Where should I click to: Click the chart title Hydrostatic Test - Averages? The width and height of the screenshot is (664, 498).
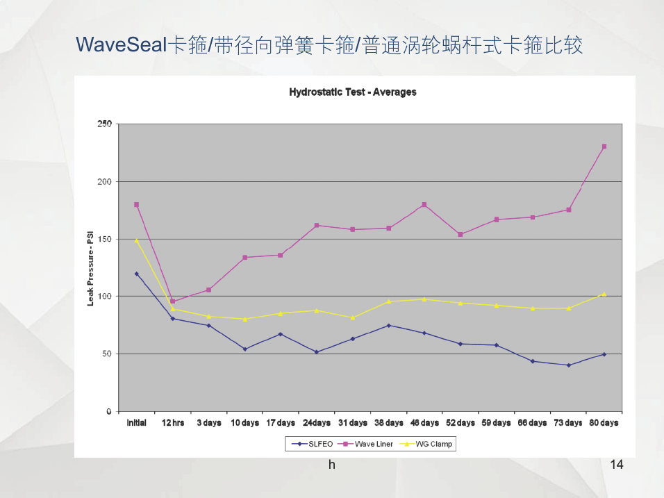click(x=352, y=92)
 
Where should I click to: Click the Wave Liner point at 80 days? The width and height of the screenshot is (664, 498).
click(x=604, y=147)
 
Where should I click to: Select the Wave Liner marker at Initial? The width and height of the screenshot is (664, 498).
click(x=136, y=205)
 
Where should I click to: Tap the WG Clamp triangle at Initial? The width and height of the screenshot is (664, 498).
click(x=136, y=240)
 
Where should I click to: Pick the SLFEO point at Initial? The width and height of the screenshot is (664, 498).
click(x=136, y=274)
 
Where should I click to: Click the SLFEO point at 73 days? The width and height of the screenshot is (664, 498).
click(x=568, y=365)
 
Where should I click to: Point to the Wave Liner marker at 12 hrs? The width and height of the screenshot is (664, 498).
click(x=172, y=301)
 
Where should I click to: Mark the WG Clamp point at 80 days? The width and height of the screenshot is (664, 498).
click(x=604, y=294)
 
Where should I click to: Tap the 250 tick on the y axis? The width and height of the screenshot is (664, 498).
click(x=104, y=124)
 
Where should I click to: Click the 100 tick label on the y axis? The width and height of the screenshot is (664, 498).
click(x=104, y=297)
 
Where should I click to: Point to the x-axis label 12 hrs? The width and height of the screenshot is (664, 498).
click(x=172, y=423)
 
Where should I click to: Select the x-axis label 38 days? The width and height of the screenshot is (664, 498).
click(x=388, y=423)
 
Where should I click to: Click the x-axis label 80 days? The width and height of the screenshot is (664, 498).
click(x=604, y=423)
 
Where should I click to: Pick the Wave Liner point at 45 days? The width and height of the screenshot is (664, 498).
click(x=424, y=205)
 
